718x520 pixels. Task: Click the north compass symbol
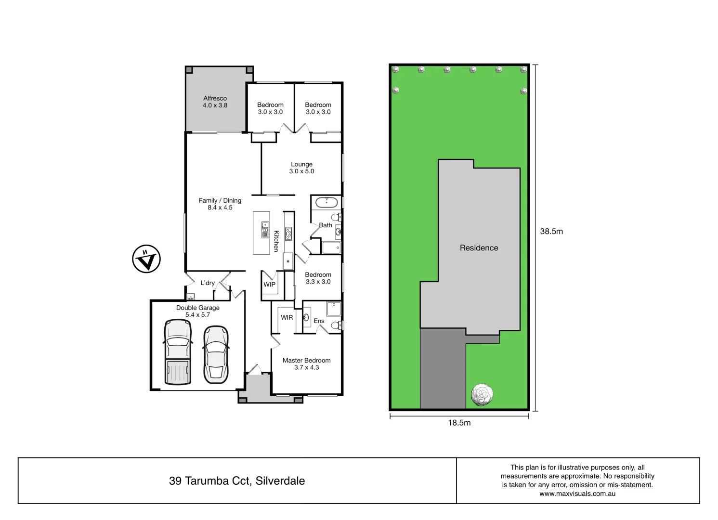[146, 259]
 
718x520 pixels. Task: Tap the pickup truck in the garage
[178, 352]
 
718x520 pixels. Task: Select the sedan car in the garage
[216, 355]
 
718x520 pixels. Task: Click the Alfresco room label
[215, 102]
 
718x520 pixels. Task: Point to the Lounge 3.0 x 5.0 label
[301, 168]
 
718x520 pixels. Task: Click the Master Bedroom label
[306, 364]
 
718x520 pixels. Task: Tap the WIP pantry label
[269, 285]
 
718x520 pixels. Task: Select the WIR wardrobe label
[287, 317]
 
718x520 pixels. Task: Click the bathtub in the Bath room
[326, 202]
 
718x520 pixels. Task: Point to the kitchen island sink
[265, 230]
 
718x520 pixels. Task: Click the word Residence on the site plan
[479, 248]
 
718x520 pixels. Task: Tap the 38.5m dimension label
[551, 231]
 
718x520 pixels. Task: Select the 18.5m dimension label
[459, 423]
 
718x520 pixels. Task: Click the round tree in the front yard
[482, 395]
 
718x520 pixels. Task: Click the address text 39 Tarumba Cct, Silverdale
[237, 481]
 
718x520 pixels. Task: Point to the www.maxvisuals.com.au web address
[577, 494]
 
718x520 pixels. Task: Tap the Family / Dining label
[220, 204]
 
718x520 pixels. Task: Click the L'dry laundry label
[208, 283]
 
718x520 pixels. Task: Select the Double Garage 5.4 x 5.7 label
[197, 311]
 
